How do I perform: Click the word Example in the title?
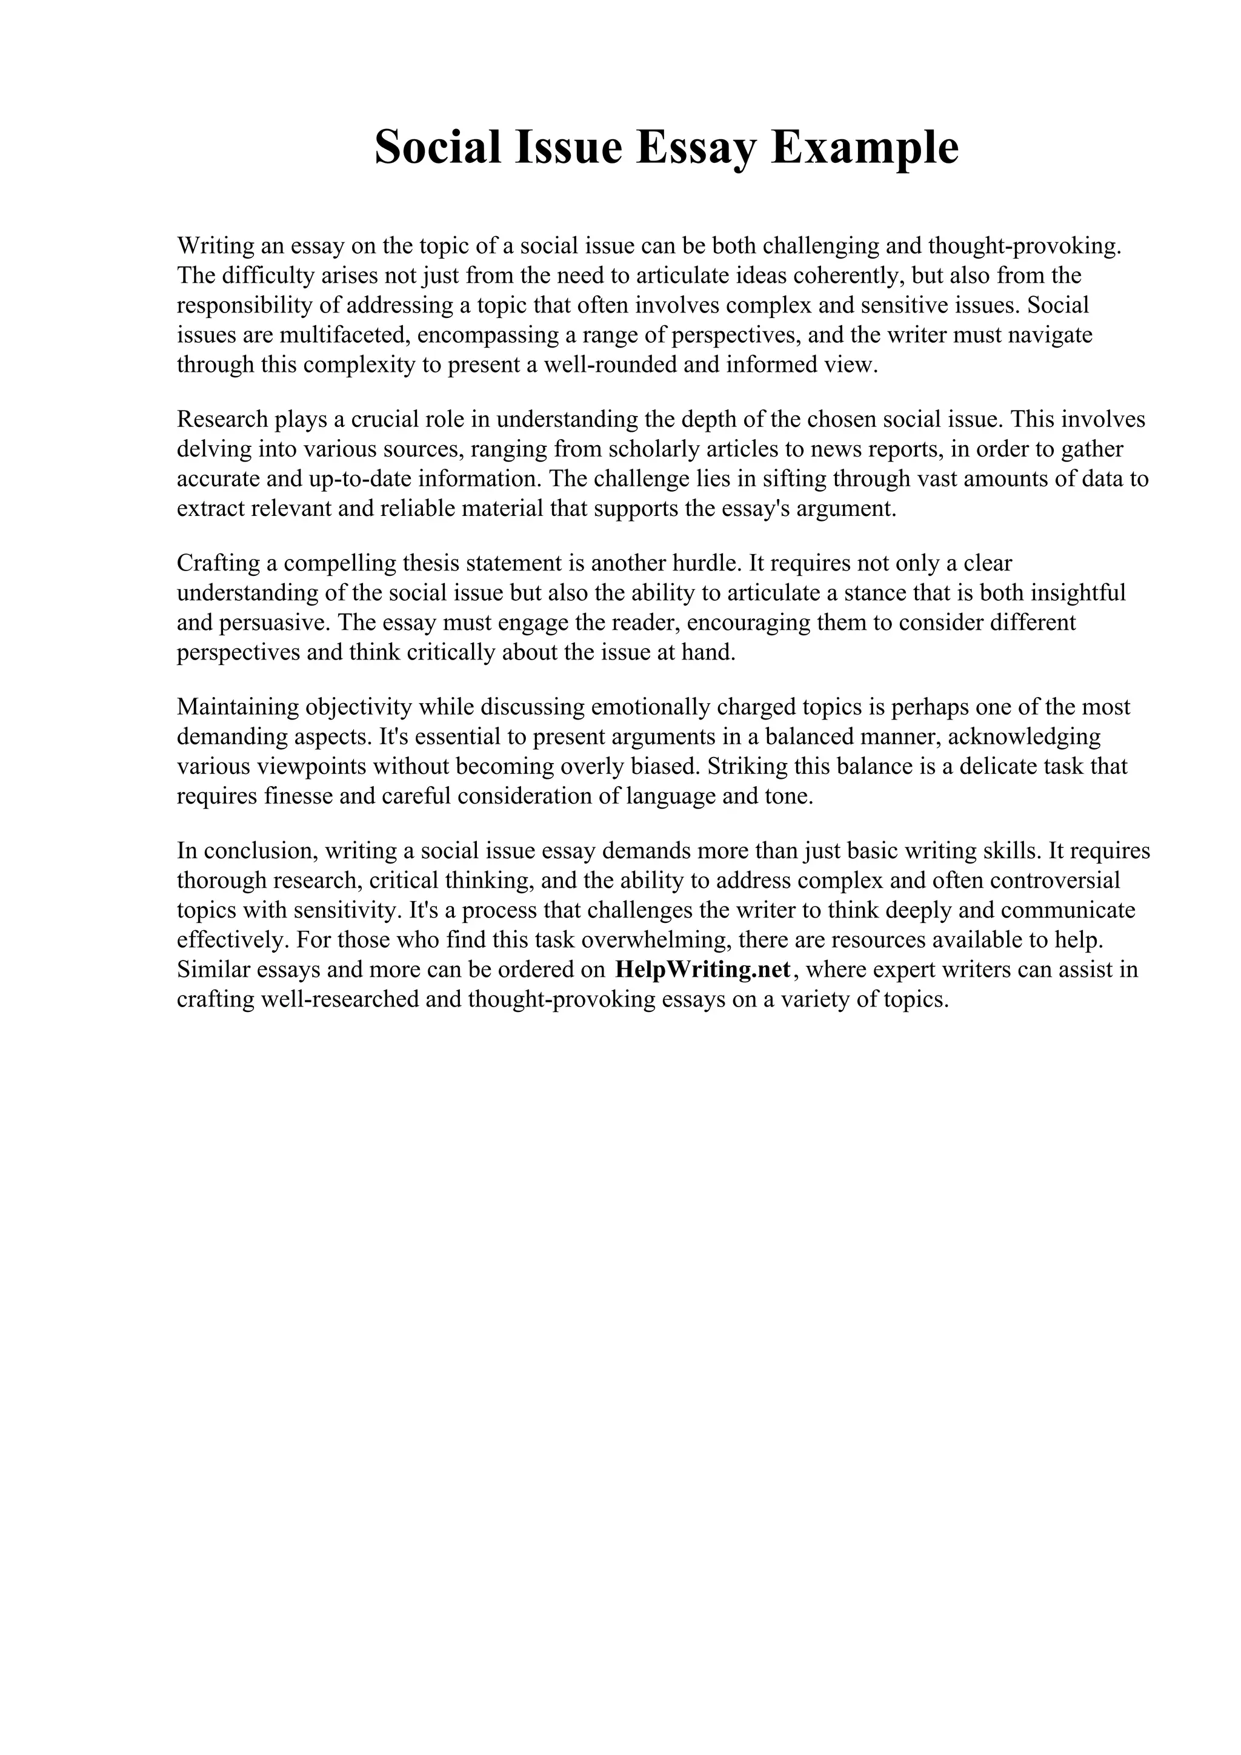[865, 148]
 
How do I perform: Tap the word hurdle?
[707, 563]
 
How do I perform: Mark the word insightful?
[1078, 593]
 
